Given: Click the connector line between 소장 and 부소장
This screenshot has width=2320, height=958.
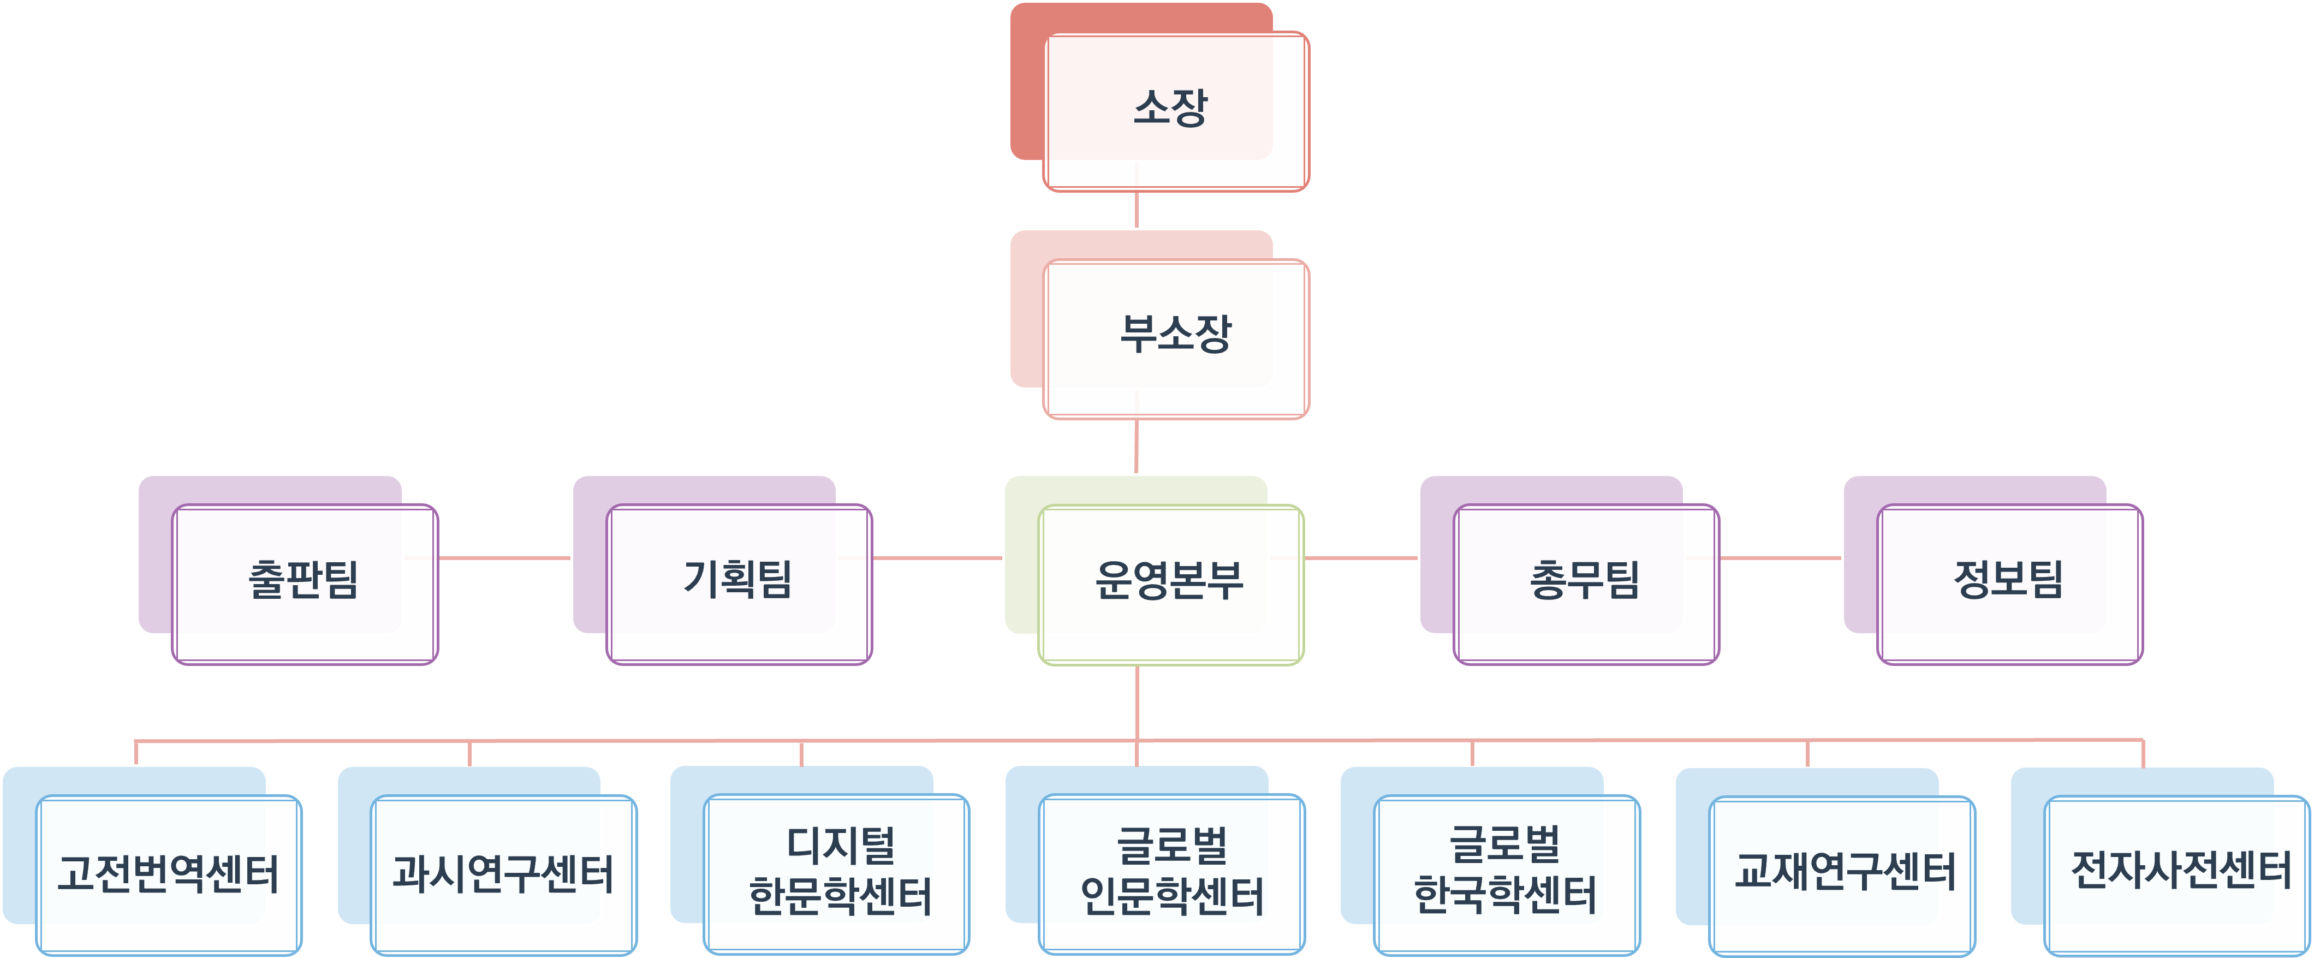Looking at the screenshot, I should pyautogui.click(x=1137, y=210).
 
